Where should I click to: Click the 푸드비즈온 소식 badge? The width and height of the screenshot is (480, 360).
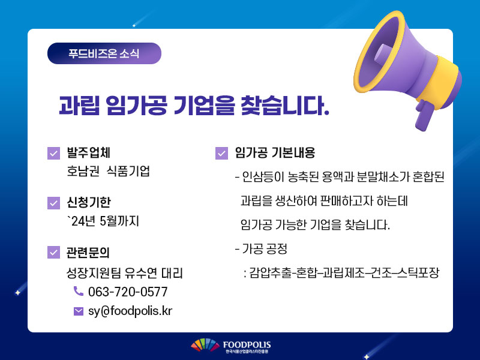104,53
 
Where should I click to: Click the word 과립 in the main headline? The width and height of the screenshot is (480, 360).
80,106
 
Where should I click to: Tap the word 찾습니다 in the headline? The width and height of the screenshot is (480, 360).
284,106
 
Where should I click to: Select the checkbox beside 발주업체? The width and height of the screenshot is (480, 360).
53,154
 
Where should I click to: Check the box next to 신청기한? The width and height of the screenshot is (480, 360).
53,203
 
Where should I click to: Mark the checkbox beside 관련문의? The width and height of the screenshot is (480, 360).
53,252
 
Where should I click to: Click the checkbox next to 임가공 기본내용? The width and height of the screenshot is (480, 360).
221,154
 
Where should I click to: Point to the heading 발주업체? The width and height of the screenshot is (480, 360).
88,153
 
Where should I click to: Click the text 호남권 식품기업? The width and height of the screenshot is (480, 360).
109,171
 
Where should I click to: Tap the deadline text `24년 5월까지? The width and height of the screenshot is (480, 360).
103,221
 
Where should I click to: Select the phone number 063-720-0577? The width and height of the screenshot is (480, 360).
128,292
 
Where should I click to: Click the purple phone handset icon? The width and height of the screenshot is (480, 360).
79,291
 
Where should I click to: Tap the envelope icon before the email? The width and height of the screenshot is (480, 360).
79,311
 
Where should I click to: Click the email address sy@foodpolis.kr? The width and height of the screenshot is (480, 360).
130,311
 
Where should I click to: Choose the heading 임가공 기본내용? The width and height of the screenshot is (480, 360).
275,153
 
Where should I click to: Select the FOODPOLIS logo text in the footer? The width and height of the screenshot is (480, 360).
247,345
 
